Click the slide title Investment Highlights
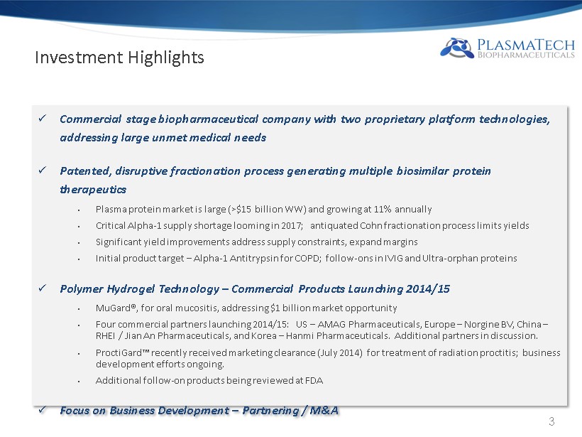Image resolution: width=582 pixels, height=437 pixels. [x=119, y=58]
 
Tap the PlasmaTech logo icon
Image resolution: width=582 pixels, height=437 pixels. [x=457, y=48]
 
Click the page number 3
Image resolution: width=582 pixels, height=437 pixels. [x=551, y=421]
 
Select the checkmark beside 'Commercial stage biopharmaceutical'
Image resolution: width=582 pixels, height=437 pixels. [x=43, y=118]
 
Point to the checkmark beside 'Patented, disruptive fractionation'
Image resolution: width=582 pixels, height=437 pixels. [x=43, y=171]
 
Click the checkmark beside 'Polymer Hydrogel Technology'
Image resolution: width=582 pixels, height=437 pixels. [x=43, y=288]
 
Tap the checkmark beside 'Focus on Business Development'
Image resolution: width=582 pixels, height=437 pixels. [x=43, y=409]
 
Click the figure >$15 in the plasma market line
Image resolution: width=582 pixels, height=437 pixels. [x=241, y=209]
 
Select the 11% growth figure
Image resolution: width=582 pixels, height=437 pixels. [x=383, y=209]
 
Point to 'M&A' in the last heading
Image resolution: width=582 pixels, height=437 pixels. [x=324, y=410]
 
